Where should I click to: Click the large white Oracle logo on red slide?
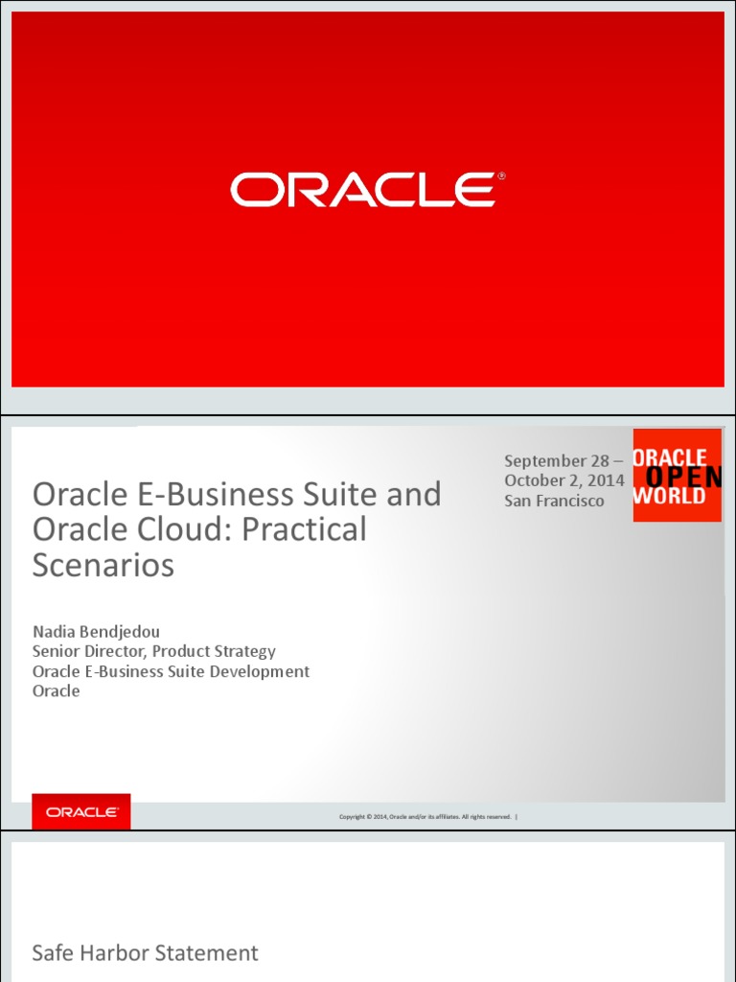361,190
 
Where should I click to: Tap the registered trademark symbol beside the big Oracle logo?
501,177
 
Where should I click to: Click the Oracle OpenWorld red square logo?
677,476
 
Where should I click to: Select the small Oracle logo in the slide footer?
81,812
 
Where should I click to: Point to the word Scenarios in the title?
103,565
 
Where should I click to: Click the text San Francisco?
555,500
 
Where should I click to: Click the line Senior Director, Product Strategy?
154,651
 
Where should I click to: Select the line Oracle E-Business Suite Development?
172,671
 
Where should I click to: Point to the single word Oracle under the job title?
57,690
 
